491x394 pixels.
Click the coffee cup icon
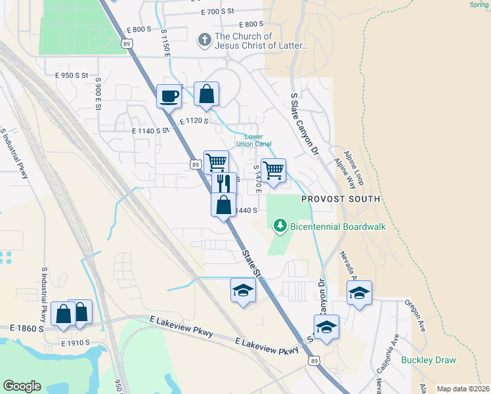[169, 96]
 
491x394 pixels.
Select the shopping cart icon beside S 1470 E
[274, 170]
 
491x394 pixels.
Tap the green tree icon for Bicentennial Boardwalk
[280, 226]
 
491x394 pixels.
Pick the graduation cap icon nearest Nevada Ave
[359, 292]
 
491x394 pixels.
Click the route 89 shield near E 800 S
[129, 42]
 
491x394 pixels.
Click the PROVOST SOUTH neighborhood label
[341, 199]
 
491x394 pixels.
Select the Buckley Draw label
[429, 360]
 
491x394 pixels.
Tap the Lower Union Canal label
[253, 140]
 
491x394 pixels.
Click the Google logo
[22, 386]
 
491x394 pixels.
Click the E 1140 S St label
[151, 131]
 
